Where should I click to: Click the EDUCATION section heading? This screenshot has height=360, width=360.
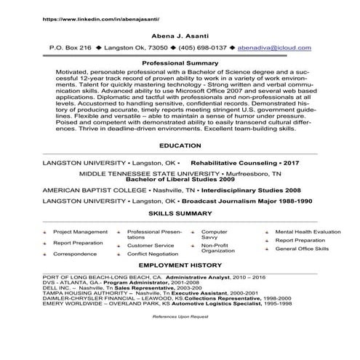tap(180, 145)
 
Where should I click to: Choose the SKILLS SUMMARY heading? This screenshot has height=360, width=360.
tap(180, 215)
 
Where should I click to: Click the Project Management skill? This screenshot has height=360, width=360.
tap(80, 232)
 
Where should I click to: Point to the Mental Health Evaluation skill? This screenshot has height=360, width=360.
tap(308, 232)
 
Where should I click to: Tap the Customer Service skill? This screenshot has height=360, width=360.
tap(151, 246)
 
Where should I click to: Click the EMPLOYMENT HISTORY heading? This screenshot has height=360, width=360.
tap(180, 268)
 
